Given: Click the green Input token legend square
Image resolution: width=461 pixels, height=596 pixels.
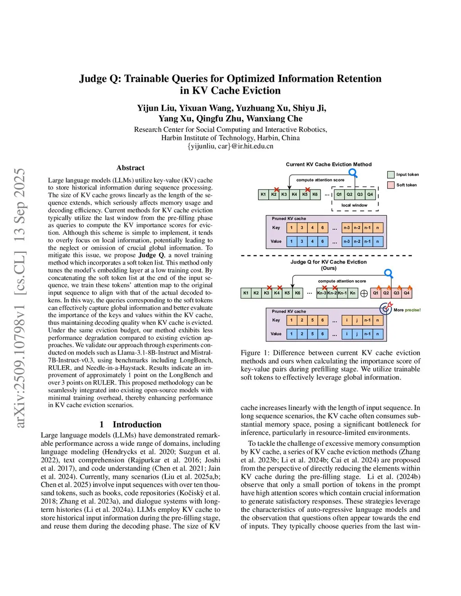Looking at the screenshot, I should pyautogui.click(x=390, y=175).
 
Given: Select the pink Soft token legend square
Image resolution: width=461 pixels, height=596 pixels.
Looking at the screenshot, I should pyautogui.click(x=390, y=185).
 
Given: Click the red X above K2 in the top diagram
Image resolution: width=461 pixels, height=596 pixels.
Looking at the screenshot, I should pyautogui.click(x=276, y=190).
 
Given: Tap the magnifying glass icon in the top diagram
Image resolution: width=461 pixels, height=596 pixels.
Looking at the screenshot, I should pyautogui.click(x=353, y=173).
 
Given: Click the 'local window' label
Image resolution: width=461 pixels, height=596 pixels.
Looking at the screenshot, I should pyautogui.click(x=354, y=205).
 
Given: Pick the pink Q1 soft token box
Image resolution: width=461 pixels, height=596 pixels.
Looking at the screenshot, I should pyautogui.click(x=375, y=293).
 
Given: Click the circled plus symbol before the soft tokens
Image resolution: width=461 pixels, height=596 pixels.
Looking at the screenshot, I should pyautogui.click(x=364, y=293).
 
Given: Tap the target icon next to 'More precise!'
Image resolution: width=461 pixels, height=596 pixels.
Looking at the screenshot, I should pyautogui.click(x=386, y=309).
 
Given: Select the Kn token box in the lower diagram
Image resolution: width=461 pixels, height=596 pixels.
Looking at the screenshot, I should pyautogui.click(x=353, y=293).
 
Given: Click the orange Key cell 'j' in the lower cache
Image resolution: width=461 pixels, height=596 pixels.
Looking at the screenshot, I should pyautogui.click(x=357, y=320).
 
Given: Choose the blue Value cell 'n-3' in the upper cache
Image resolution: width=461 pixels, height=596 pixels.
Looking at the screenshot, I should pyautogui.click(x=347, y=242).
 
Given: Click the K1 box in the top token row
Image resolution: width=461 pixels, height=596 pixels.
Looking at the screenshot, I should pyautogui.click(x=263, y=194).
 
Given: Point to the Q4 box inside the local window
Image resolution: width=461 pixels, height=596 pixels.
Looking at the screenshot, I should pyautogui.click(x=370, y=194).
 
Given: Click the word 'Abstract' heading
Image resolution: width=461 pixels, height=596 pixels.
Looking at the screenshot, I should pyautogui.click(x=131, y=168).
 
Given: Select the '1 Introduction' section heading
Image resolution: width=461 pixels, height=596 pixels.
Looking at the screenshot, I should pyautogui.click(x=131, y=424).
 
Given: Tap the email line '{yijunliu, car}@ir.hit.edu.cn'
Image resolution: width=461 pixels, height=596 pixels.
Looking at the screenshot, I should pyautogui.click(x=230, y=146).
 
